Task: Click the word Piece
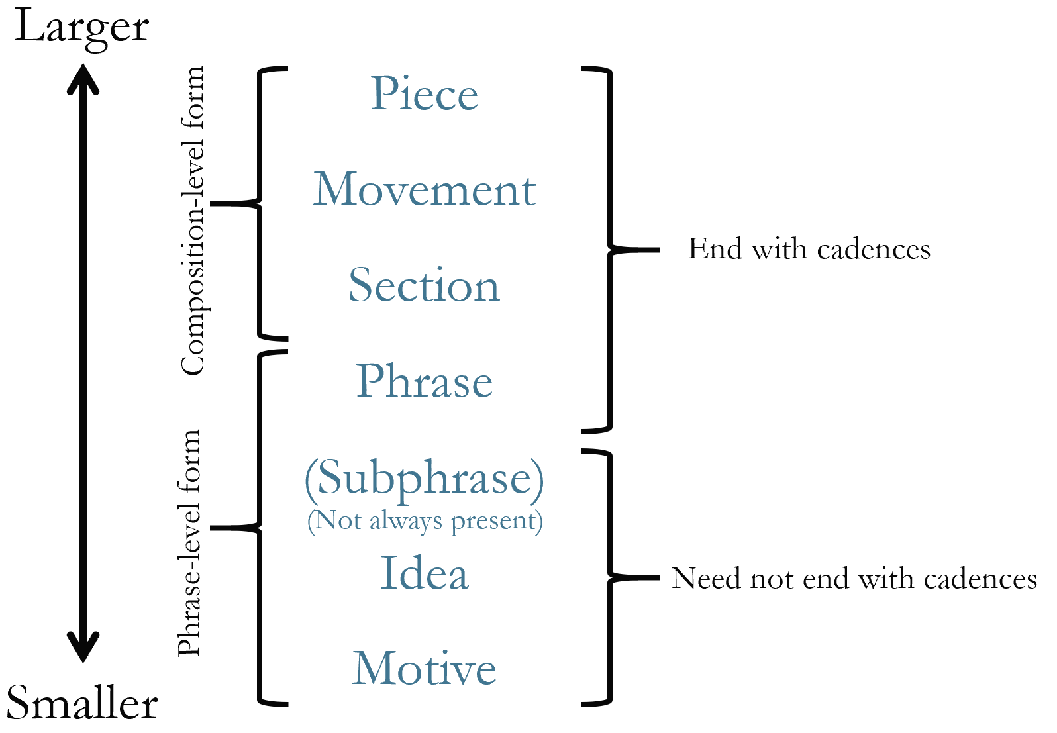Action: click(424, 94)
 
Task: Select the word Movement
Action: click(424, 190)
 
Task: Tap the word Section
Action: click(424, 285)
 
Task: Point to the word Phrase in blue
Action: click(424, 381)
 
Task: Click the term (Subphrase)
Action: click(424, 478)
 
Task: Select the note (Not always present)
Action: click(425, 521)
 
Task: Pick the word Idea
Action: click(424, 573)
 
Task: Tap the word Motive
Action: click(424, 669)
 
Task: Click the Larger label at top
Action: click(81, 28)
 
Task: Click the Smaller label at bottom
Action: click(81, 703)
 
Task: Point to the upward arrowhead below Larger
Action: click(83, 76)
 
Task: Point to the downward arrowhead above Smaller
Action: click(83, 649)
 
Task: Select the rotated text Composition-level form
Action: click(193, 220)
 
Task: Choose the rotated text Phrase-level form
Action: click(189, 543)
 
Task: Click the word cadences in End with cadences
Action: click(874, 250)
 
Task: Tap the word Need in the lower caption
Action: click(706, 579)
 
